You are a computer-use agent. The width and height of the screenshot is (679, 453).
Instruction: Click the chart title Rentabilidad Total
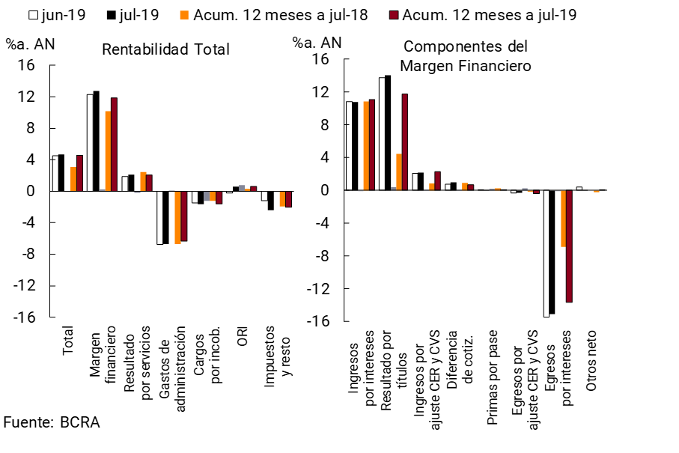[x=165, y=50]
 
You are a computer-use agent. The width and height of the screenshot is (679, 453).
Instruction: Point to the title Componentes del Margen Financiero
[x=466, y=56]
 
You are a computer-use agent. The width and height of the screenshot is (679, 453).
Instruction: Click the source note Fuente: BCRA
[x=52, y=422]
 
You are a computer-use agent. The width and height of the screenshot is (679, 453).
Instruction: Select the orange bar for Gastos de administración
[x=177, y=217]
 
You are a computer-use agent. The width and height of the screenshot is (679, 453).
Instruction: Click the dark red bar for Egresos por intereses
[x=569, y=246]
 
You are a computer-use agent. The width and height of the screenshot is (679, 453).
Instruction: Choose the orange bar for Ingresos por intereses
[x=366, y=146]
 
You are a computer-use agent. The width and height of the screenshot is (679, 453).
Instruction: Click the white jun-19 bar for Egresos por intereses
[x=546, y=254]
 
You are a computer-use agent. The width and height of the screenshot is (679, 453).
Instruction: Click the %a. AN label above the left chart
[x=31, y=43]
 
